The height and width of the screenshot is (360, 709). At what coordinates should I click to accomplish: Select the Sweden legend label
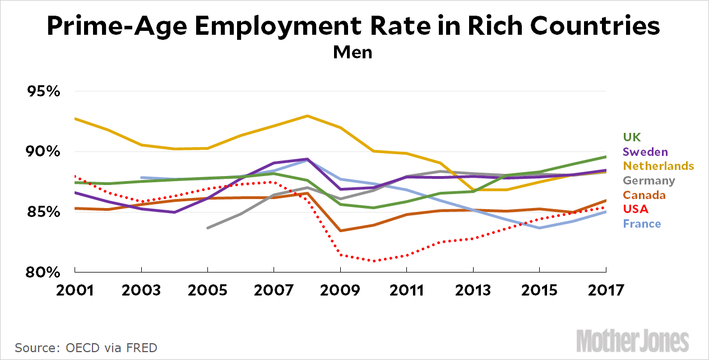tap(645, 151)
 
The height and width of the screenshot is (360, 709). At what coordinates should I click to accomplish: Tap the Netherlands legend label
tap(658, 166)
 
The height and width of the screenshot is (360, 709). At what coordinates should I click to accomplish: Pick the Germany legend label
tap(648, 181)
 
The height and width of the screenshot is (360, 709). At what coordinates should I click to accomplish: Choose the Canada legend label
tap(643, 195)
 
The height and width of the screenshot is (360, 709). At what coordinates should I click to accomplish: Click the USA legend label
tap(635, 209)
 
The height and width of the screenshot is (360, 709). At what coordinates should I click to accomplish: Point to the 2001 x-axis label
tap(74, 290)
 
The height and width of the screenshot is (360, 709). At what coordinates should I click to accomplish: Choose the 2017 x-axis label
tap(606, 290)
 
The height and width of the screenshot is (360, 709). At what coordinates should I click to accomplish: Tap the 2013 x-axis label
tap(473, 290)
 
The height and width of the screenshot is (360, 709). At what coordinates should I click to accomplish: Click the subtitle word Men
tap(353, 52)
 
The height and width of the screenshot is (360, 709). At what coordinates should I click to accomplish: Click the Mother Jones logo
tap(641, 340)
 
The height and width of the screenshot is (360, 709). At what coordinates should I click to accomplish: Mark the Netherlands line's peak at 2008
tap(307, 116)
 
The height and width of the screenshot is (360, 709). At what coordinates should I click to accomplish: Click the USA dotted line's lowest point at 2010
tap(374, 261)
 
